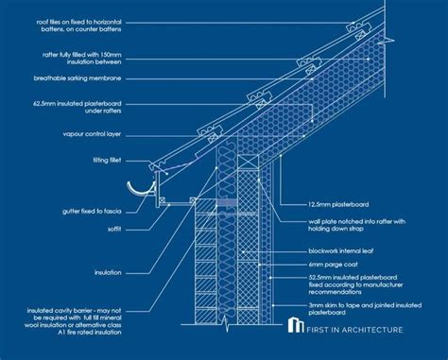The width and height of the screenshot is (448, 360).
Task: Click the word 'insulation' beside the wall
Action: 107,272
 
